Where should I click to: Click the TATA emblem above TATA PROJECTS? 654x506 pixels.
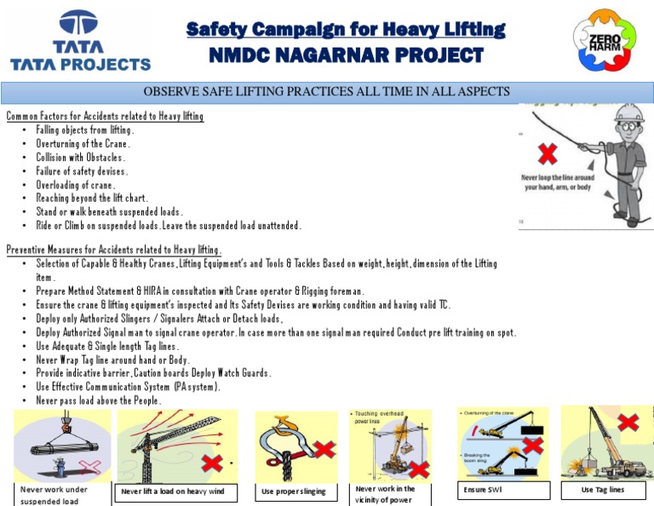point(79,25)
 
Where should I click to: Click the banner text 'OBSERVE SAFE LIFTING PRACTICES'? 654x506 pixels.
point(327,91)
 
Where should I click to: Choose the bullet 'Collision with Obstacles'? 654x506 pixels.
point(81,158)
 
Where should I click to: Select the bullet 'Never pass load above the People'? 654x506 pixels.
point(98,400)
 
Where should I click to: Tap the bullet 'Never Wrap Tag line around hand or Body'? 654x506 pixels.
point(112,359)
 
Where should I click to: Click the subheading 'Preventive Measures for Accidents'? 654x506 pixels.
point(113,250)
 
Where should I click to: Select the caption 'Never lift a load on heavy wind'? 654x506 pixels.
point(179,492)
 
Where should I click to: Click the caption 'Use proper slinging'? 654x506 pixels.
point(295,492)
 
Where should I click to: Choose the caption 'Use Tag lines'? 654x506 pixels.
point(602,490)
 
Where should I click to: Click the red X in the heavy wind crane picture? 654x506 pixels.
point(211,463)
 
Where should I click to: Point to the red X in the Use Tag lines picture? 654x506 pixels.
point(628,423)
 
